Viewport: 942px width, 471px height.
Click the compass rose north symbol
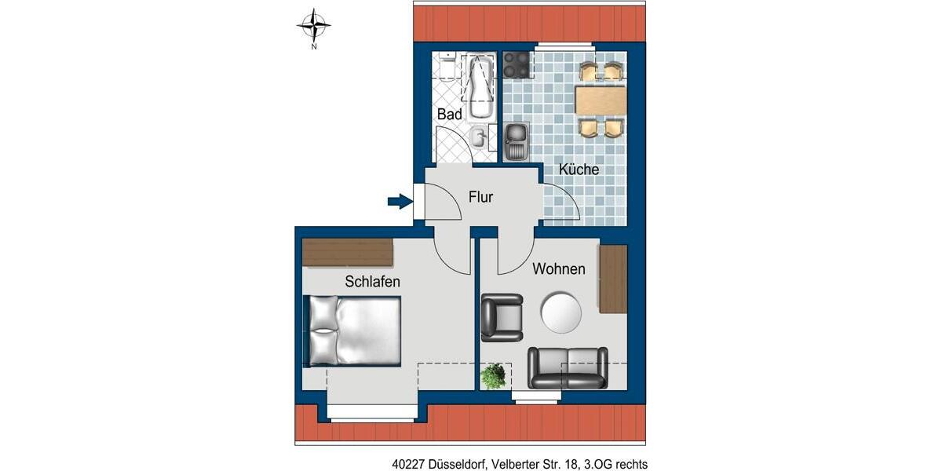tap(313, 26)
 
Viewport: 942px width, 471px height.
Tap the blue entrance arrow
tap(400, 202)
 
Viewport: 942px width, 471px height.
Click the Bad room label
tap(450, 115)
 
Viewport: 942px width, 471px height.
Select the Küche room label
tap(579, 170)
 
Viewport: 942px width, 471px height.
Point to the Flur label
tap(480, 197)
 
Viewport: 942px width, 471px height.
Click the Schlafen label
tap(372, 281)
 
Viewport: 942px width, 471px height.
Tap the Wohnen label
tap(558, 269)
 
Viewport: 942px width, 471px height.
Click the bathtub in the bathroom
tap(478, 86)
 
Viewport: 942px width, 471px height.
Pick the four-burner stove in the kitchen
tap(517, 64)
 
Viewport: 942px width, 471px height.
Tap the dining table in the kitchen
tap(601, 100)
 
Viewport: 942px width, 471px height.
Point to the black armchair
tap(501, 317)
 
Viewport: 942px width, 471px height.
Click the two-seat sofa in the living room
tap(567, 367)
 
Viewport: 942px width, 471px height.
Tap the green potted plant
tap(493, 376)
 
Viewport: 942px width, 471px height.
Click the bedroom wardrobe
tap(347, 253)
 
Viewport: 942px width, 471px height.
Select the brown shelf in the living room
tap(612, 279)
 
